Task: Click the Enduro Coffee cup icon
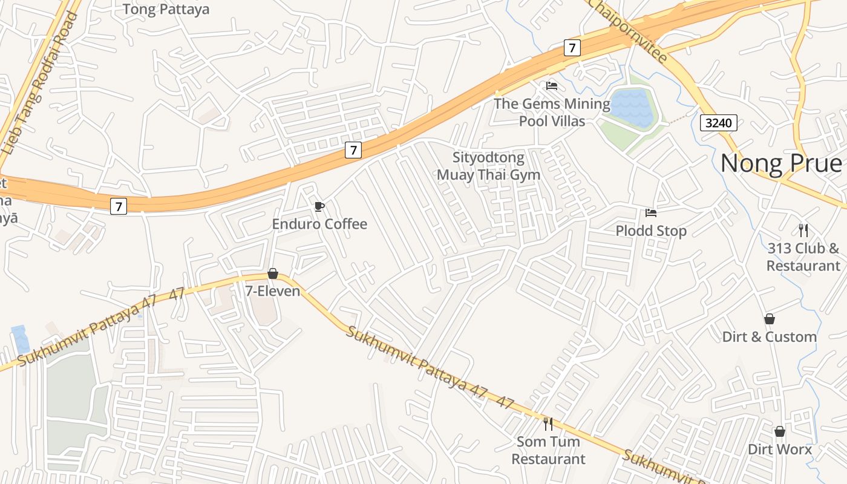[319, 207]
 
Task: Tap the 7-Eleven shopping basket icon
[273, 274]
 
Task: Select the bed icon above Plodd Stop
[651, 213]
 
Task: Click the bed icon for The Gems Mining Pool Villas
[552, 86]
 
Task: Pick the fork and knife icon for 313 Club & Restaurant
[803, 231]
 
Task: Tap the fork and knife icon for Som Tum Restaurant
[548, 424]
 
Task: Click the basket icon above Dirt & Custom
[770, 319]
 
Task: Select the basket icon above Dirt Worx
[780, 431]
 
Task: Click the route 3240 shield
[719, 123]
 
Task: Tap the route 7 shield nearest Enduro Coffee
[353, 149]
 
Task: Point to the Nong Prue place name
[781, 163]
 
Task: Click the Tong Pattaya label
[166, 9]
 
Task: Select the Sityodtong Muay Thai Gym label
[488, 166]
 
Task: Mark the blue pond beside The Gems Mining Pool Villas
[633, 108]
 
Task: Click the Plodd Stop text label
[651, 231]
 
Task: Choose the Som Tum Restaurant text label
[548, 450]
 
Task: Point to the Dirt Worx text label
[780, 450]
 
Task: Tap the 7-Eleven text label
[272, 291]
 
